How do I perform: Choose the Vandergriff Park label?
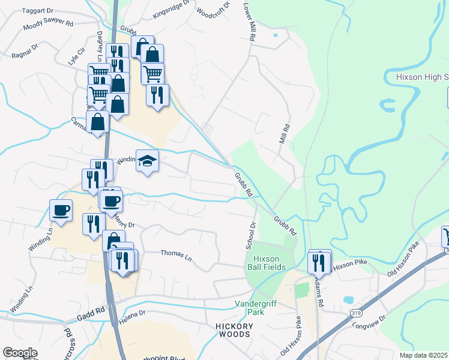[x=258, y=308]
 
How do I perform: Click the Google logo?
[x=20, y=353]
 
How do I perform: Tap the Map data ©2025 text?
[x=423, y=355]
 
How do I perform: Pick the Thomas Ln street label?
[x=176, y=254]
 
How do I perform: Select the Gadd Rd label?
[x=91, y=313]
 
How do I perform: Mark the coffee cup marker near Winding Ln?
[x=61, y=211]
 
